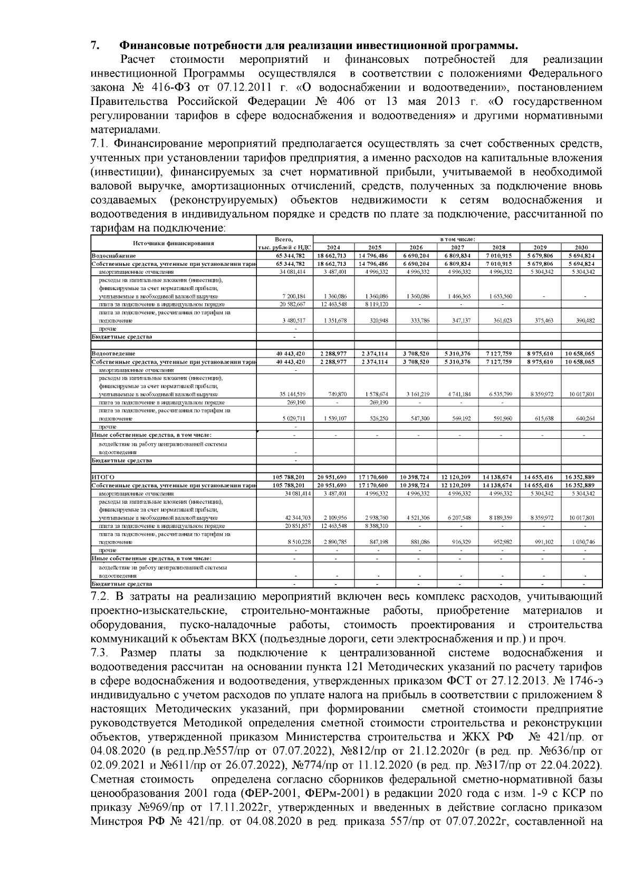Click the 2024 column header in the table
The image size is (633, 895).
point(333,247)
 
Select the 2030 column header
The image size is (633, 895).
point(582,247)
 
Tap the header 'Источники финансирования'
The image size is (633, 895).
point(174,243)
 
